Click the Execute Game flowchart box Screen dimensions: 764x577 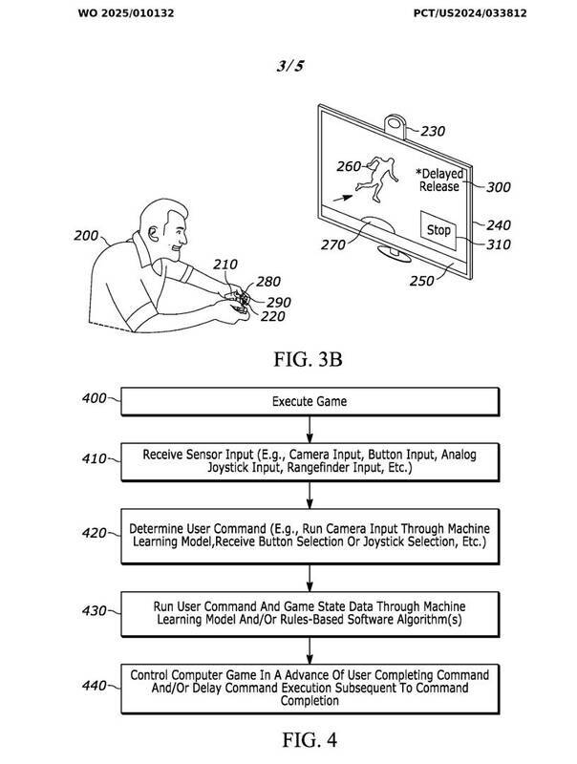pyautogui.click(x=310, y=401)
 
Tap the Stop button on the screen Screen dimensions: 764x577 pyautogui.click(x=438, y=230)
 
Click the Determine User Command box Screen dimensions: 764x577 pyautogui.click(x=310, y=535)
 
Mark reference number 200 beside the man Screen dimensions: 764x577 pyautogui.click(x=87, y=235)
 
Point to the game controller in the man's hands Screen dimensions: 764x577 pyautogui.click(x=242, y=299)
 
